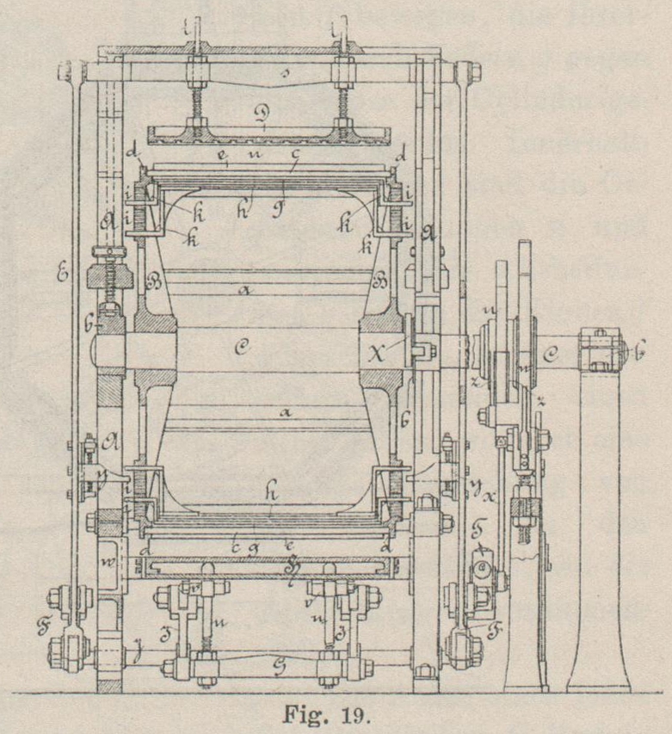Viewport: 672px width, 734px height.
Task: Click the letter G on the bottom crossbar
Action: click(263, 665)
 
